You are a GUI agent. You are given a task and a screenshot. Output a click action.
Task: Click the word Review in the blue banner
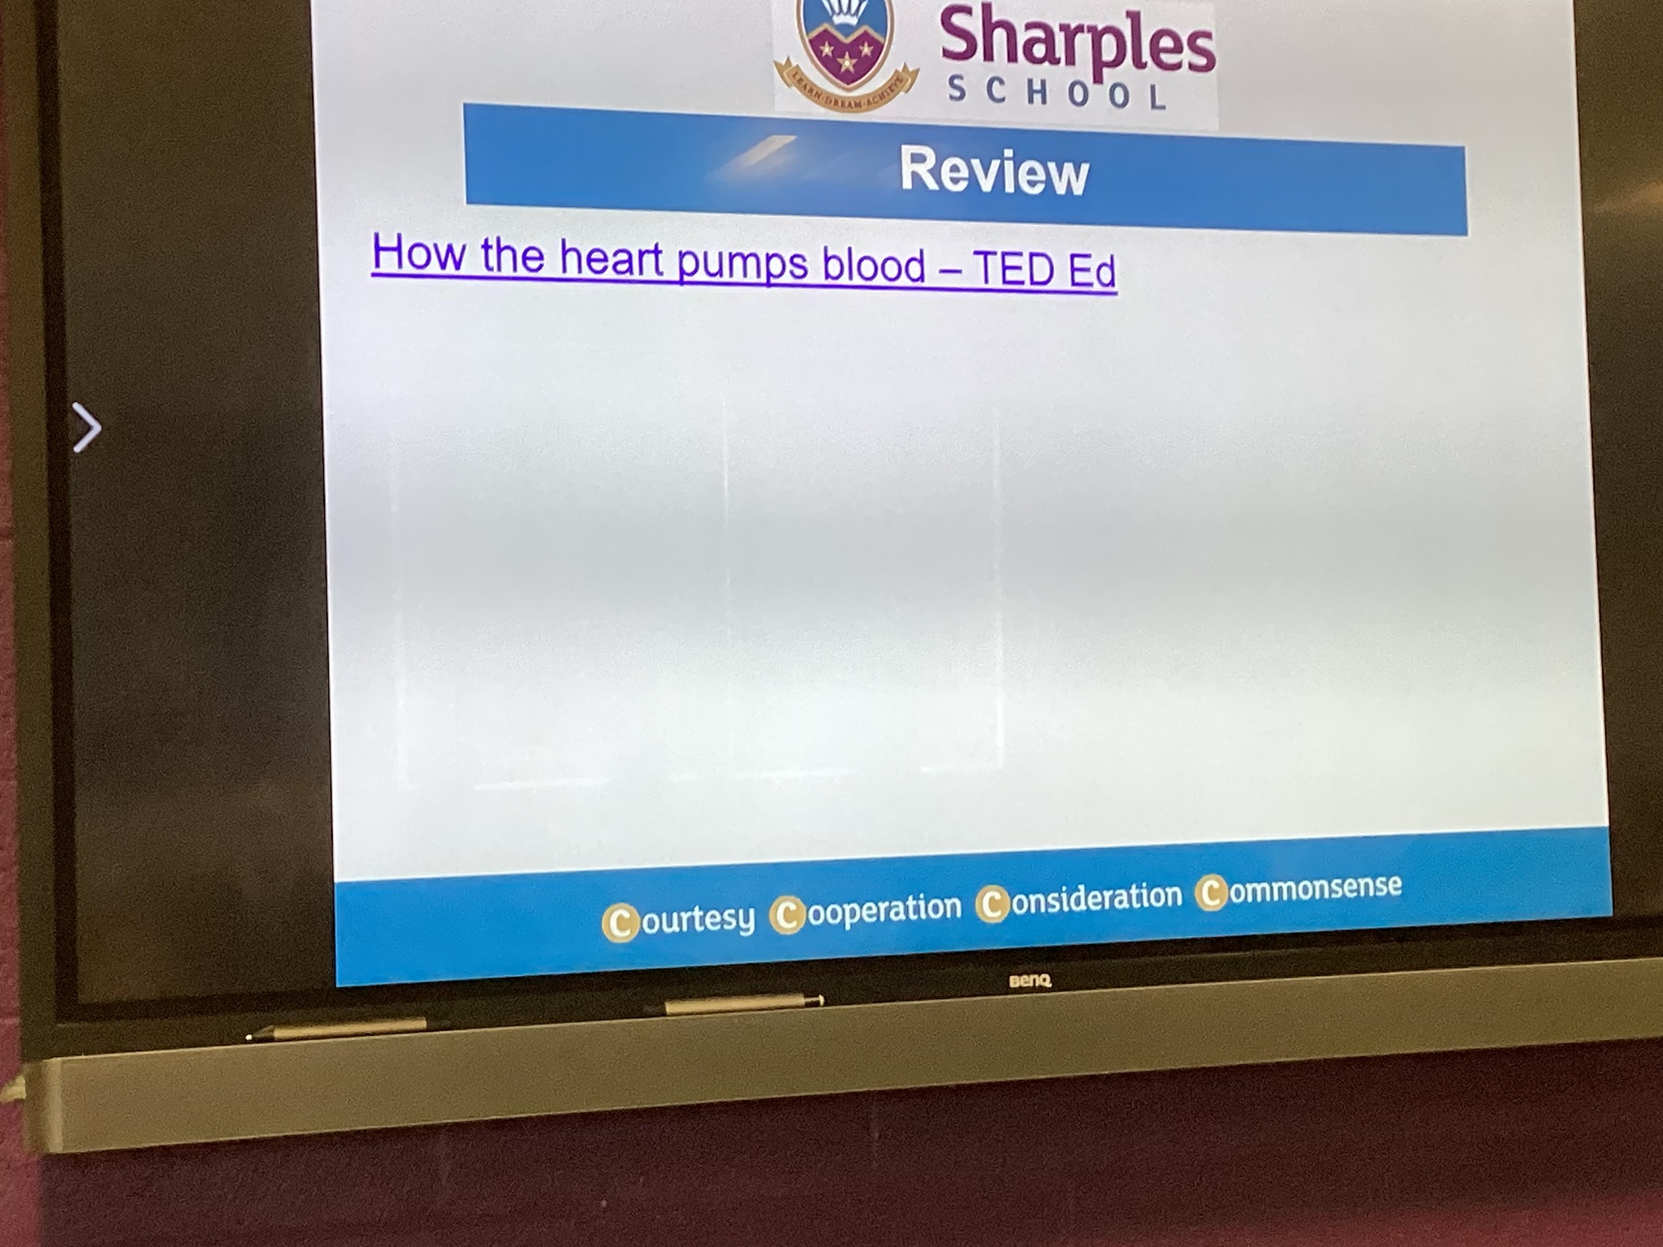(994, 172)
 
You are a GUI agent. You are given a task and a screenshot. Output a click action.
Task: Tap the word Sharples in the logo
(1078, 42)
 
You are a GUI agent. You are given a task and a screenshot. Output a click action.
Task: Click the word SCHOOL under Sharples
(1058, 92)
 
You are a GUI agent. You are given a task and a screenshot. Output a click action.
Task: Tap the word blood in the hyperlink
(874, 265)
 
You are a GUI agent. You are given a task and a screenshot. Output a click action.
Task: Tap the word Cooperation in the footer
(866, 909)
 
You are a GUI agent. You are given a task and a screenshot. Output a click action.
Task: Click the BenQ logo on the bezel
(1030, 981)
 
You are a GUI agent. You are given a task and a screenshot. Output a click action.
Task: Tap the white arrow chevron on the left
(87, 427)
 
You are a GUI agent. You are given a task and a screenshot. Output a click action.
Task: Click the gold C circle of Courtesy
(620, 923)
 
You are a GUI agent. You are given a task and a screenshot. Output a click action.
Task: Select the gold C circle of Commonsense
(1212, 893)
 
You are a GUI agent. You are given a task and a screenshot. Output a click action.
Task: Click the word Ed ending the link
(1092, 270)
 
